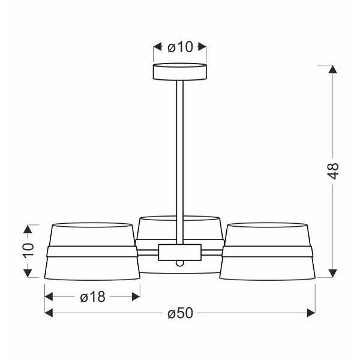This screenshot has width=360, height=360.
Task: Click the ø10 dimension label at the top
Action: tap(180, 47)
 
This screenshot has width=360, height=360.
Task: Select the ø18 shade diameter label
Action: tap(92, 296)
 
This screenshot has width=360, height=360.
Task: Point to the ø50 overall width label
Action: tap(179, 313)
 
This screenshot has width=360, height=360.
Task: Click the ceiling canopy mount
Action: tap(180, 71)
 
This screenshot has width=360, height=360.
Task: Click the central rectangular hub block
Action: tap(180, 252)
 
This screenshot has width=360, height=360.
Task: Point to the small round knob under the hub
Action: tap(180, 263)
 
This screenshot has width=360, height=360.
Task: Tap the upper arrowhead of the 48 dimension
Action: tap(334, 68)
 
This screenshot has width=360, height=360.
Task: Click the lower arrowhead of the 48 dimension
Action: tap(334, 274)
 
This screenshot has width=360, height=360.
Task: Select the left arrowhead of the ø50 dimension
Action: tap(49, 313)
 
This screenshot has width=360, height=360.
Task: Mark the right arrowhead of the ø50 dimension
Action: tap(311, 313)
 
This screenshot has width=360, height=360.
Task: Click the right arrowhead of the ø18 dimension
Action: tap(136, 296)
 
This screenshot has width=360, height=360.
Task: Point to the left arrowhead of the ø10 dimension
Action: tap(158, 47)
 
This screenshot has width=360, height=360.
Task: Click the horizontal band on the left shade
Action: tap(92, 251)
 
